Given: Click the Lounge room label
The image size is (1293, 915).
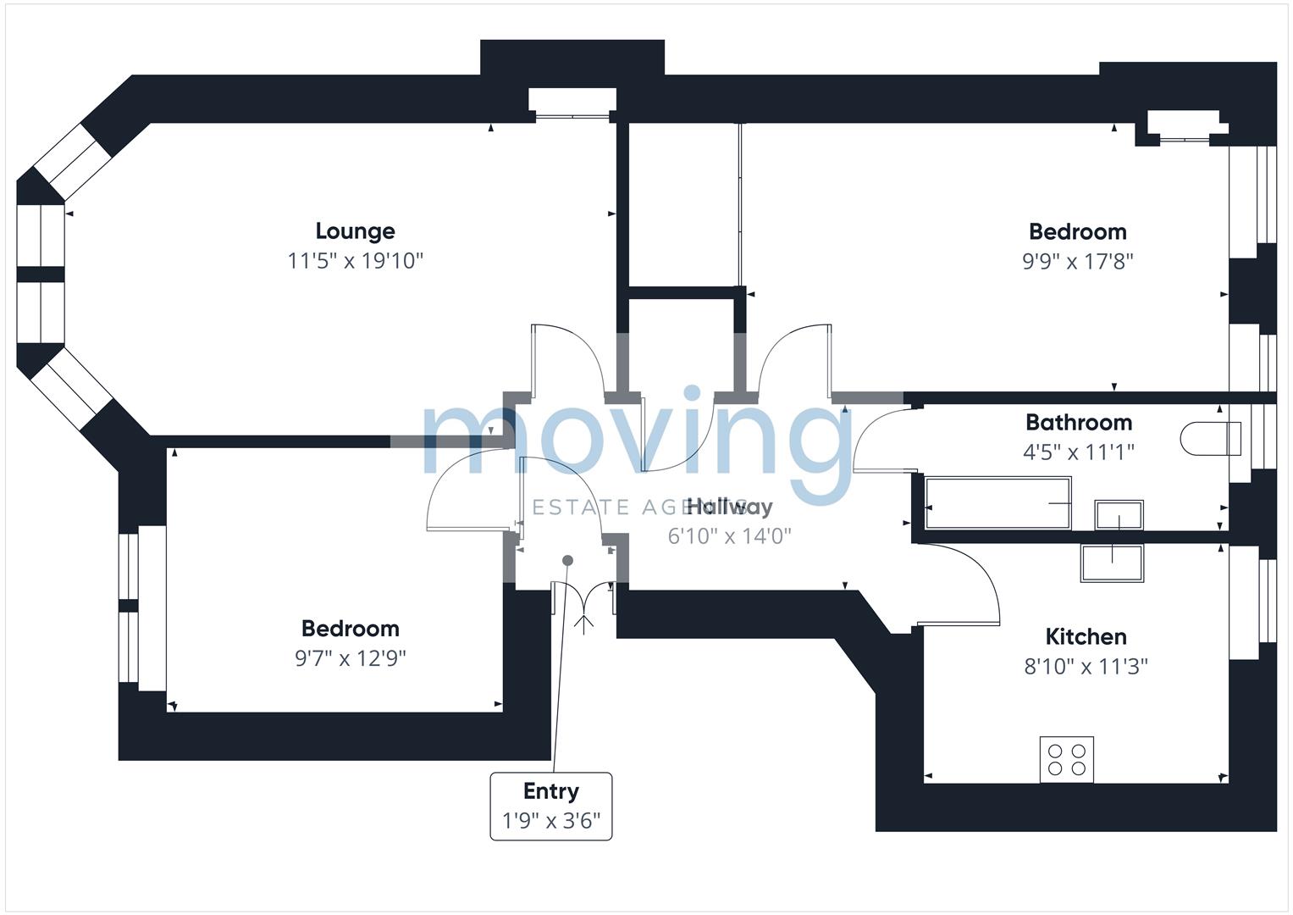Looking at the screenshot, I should [355, 231].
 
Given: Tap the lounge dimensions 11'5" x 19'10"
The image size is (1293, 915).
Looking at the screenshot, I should [355, 260].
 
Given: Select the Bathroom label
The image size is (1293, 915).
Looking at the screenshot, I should [1078, 422].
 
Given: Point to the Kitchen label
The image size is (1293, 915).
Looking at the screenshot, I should [1086, 636].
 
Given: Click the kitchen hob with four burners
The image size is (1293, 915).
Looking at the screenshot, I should [1066, 759].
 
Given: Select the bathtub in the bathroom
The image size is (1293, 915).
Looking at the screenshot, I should [997, 503].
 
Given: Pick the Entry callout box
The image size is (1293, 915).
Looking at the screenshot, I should [550, 806].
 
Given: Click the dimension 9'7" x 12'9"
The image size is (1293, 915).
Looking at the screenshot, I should [350, 658].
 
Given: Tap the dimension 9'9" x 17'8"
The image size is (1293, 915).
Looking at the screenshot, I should [1077, 261].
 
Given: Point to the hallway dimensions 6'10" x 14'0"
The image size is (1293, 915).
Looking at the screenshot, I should [729, 535].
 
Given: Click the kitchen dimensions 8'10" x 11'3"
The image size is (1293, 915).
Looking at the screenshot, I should [1086, 667].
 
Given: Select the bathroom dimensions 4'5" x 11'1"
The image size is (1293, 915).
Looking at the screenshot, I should [1078, 452].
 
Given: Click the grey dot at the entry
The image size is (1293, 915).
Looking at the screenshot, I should [567, 560].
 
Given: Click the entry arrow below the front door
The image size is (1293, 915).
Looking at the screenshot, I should [584, 623].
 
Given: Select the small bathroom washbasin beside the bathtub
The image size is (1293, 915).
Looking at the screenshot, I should [1118, 514].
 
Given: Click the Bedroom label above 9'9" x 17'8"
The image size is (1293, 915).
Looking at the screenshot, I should [1077, 231].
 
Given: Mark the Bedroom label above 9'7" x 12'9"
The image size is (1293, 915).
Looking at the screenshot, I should [350, 629].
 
